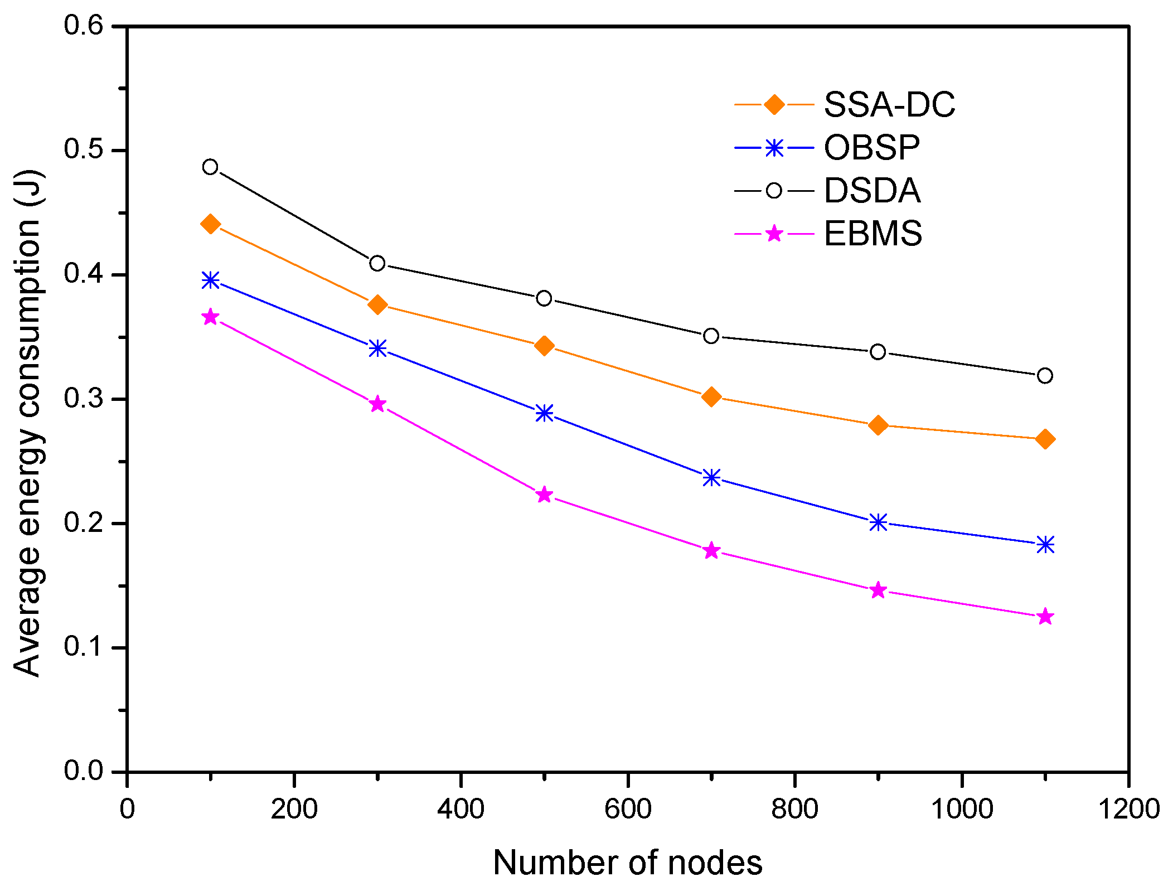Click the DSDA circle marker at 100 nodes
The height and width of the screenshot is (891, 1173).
tap(210, 167)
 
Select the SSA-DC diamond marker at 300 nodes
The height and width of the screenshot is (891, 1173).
tap(377, 304)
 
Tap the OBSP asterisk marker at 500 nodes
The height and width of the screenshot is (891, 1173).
tap(544, 413)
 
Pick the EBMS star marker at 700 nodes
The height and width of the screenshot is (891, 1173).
tap(711, 551)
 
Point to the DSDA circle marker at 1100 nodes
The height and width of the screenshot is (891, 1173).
tap(1045, 376)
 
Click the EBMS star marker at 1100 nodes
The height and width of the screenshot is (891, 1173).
tap(1045, 617)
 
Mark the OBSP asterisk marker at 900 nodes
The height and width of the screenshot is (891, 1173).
tap(878, 522)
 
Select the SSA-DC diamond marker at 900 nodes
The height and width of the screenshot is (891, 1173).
tap(878, 425)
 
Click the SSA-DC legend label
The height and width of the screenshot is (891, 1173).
tap(889, 104)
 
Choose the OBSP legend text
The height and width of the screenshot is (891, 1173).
tap(871, 148)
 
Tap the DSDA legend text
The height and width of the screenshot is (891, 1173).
tap(872, 191)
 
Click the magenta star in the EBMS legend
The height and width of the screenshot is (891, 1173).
tap(774, 233)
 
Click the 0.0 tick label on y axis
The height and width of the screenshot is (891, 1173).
tap(84, 771)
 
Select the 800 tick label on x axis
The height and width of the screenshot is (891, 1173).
tap(794, 809)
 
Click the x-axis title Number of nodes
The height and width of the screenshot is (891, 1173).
tap(627, 863)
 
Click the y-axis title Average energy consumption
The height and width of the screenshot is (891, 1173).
tap(28, 424)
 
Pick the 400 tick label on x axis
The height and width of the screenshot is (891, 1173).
tap(461, 809)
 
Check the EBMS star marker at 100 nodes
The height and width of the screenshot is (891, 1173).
tap(210, 317)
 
